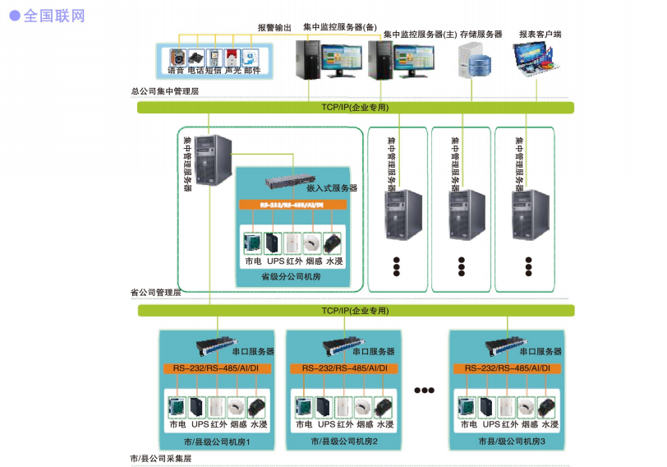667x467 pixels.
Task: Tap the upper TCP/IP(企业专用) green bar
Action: pos(355,108)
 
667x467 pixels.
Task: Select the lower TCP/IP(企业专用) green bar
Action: pos(355,311)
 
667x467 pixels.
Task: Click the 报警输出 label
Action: pos(274,27)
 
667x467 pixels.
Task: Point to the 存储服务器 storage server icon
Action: pos(475,60)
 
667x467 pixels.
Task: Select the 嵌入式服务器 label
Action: pos(332,188)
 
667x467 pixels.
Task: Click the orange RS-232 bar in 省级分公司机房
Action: pos(292,204)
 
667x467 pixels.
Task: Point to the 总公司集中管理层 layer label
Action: pos(165,91)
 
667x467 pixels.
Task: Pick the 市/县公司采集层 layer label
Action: pos(161,458)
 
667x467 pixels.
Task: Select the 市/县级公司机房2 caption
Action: pos(344,442)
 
